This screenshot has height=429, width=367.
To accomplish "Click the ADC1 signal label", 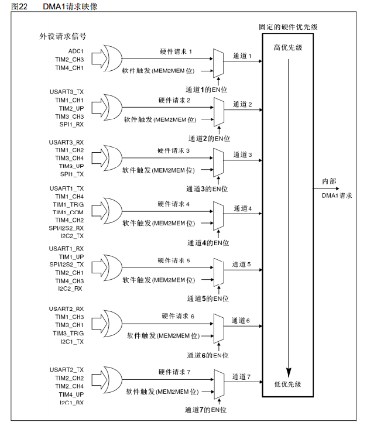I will tap(76, 52).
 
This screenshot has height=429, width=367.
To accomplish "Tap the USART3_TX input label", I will tap(67, 92).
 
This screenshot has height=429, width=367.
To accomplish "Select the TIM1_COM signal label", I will tap(68, 212).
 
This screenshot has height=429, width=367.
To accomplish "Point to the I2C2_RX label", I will tap(71, 289).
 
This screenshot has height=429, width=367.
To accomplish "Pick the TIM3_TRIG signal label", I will tap(68, 333).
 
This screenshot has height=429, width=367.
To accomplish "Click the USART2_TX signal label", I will tap(67, 370).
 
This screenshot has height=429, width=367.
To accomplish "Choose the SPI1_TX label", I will tap(72, 174).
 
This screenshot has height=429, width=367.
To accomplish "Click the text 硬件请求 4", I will tap(174, 204).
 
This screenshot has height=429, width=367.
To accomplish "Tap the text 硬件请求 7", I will tap(174, 372).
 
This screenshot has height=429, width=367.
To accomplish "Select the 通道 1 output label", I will tap(242, 56).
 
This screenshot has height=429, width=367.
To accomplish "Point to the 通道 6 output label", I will tap(241, 321).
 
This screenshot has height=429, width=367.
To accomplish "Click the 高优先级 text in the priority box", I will tap(288, 47).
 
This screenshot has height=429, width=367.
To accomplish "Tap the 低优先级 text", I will tap(288, 384).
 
